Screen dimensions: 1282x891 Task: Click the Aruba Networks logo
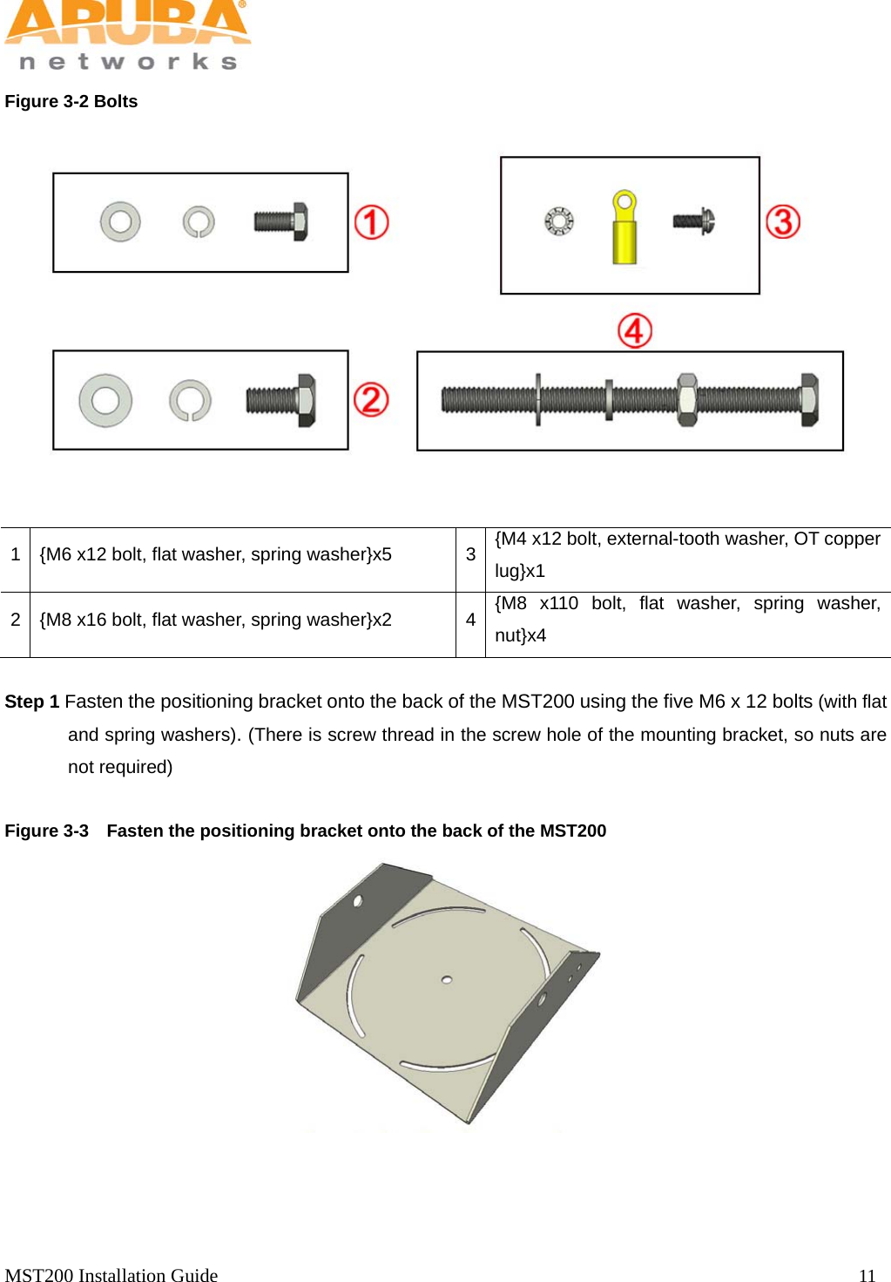(x=127, y=35)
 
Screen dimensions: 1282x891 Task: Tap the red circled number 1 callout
(x=371, y=222)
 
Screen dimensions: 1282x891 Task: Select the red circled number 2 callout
(x=371, y=400)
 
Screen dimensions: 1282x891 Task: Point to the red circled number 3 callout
(x=783, y=221)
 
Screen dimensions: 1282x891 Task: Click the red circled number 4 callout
(x=635, y=331)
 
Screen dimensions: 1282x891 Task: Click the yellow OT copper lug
(x=624, y=228)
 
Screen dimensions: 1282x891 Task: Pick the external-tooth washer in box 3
(x=559, y=221)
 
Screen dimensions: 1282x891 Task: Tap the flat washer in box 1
(x=120, y=221)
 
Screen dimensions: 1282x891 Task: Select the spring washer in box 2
(x=190, y=400)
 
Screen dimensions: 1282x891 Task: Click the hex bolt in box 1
(x=280, y=221)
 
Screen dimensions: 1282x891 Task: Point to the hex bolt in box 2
(x=280, y=401)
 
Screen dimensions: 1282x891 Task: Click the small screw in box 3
(x=693, y=221)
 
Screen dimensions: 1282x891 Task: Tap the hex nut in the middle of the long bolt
(x=686, y=400)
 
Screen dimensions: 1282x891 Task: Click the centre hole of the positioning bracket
(x=447, y=980)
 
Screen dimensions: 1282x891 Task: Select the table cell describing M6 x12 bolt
(x=215, y=555)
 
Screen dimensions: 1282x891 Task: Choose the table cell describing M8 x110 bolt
(x=686, y=620)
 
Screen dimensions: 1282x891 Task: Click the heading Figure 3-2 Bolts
(x=71, y=101)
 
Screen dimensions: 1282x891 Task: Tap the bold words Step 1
(x=32, y=702)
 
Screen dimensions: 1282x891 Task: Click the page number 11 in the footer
(x=867, y=1275)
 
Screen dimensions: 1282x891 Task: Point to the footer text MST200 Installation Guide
(x=111, y=1275)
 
